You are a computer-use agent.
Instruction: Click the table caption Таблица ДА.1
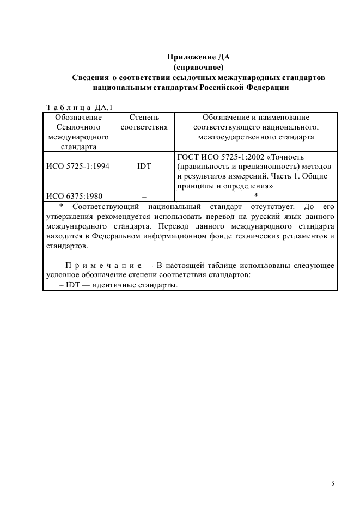point(76,107)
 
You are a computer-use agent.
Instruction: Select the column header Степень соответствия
point(144,122)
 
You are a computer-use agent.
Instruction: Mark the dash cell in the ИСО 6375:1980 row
point(144,196)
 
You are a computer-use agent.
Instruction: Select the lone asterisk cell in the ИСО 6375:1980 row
point(256,196)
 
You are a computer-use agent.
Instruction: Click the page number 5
point(332,483)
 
